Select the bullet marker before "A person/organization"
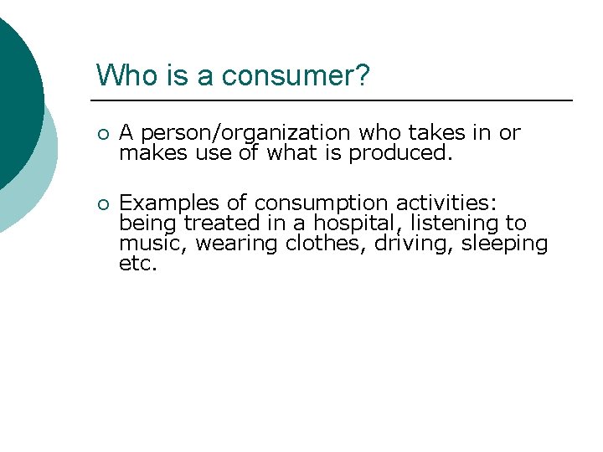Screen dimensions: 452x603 [101, 134]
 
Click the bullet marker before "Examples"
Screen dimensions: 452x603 [101, 204]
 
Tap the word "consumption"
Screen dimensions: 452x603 [322, 203]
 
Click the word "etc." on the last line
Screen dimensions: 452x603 [138, 264]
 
